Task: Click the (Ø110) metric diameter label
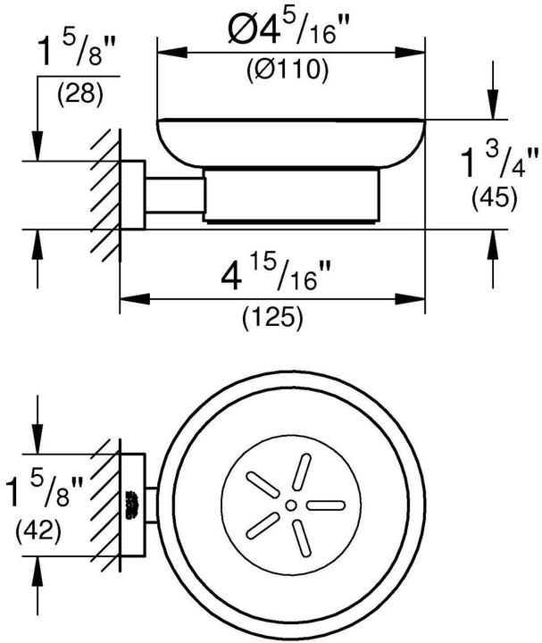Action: point(288,70)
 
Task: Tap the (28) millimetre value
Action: point(80,95)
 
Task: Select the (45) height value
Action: point(495,199)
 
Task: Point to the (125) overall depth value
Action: point(272,317)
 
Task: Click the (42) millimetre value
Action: point(38,530)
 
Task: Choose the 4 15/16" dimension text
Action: point(275,275)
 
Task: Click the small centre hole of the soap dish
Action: point(291,505)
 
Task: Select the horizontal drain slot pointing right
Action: point(326,505)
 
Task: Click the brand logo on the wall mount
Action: point(131,505)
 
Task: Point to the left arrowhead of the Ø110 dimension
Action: point(172,53)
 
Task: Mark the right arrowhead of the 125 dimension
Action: point(410,299)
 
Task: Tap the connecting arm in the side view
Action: point(174,196)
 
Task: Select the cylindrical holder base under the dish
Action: point(291,196)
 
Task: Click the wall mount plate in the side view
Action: point(132,195)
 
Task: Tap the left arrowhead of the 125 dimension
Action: point(135,299)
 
